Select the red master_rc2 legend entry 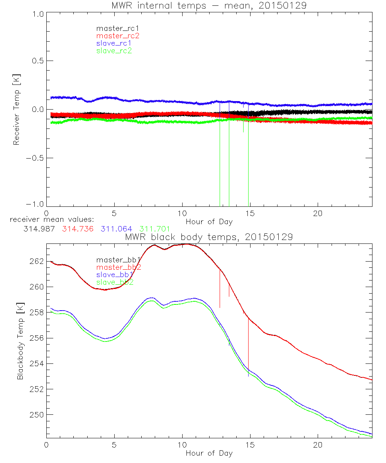point(118,35)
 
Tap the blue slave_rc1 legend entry point(114,43)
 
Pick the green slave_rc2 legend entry point(114,50)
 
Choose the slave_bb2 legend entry point(115,282)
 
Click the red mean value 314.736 point(77,229)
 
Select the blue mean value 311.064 point(117,229)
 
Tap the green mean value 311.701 point(155,229)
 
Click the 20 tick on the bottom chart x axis point(318,446)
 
